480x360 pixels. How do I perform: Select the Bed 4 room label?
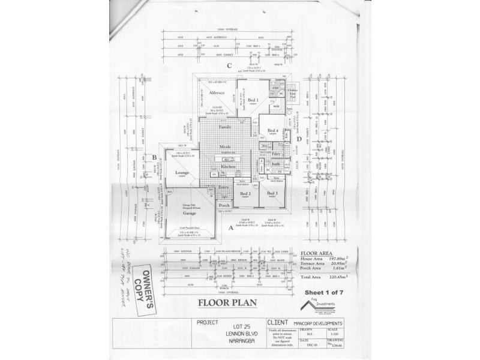point(273,130)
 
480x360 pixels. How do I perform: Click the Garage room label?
point(190,213)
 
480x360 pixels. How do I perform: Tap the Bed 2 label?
point(245,193)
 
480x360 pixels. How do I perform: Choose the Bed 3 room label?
point(272,193)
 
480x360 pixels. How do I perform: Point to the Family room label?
point(225,128)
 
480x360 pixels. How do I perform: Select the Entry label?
point(224,188)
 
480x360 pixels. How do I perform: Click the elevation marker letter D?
point(299,139)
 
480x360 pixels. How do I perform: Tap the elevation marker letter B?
point(154,158)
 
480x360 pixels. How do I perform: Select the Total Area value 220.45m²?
point(340,277)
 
